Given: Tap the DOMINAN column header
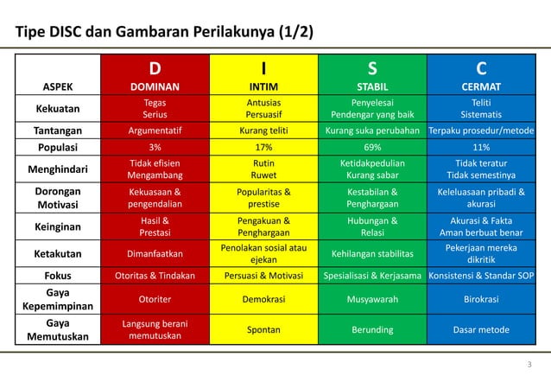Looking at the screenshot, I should (x=155, y=86).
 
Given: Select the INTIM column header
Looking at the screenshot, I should (x=263, y=86).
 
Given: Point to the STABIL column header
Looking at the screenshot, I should (x=372, y=86).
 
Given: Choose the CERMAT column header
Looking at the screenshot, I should (x=481, y=86).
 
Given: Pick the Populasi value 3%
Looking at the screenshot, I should (x=155, y=147).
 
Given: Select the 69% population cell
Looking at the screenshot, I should (x=372, y=147).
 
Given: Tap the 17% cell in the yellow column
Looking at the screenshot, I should (x=263, y=147).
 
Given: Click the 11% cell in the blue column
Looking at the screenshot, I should (x=481, y=147).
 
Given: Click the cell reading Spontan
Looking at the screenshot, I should (x=263, y=329).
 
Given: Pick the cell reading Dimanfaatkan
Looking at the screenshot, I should (x=155, y=254).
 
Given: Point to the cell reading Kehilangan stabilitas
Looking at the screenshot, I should (x=372, y=254).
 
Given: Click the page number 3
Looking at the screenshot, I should (x=528, y=364).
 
